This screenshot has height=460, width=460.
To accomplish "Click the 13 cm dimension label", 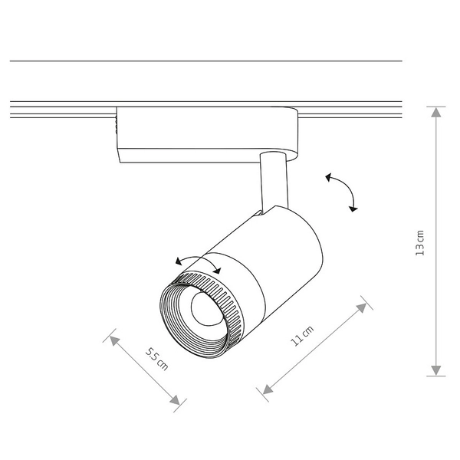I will (420, 242).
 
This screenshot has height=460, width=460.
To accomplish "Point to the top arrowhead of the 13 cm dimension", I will (435, 111).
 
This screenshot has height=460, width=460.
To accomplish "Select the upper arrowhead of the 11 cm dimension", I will (363, 306).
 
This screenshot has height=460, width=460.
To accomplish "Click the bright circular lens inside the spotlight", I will (205, 309).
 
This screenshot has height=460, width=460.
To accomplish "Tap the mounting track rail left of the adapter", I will (61, 109).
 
